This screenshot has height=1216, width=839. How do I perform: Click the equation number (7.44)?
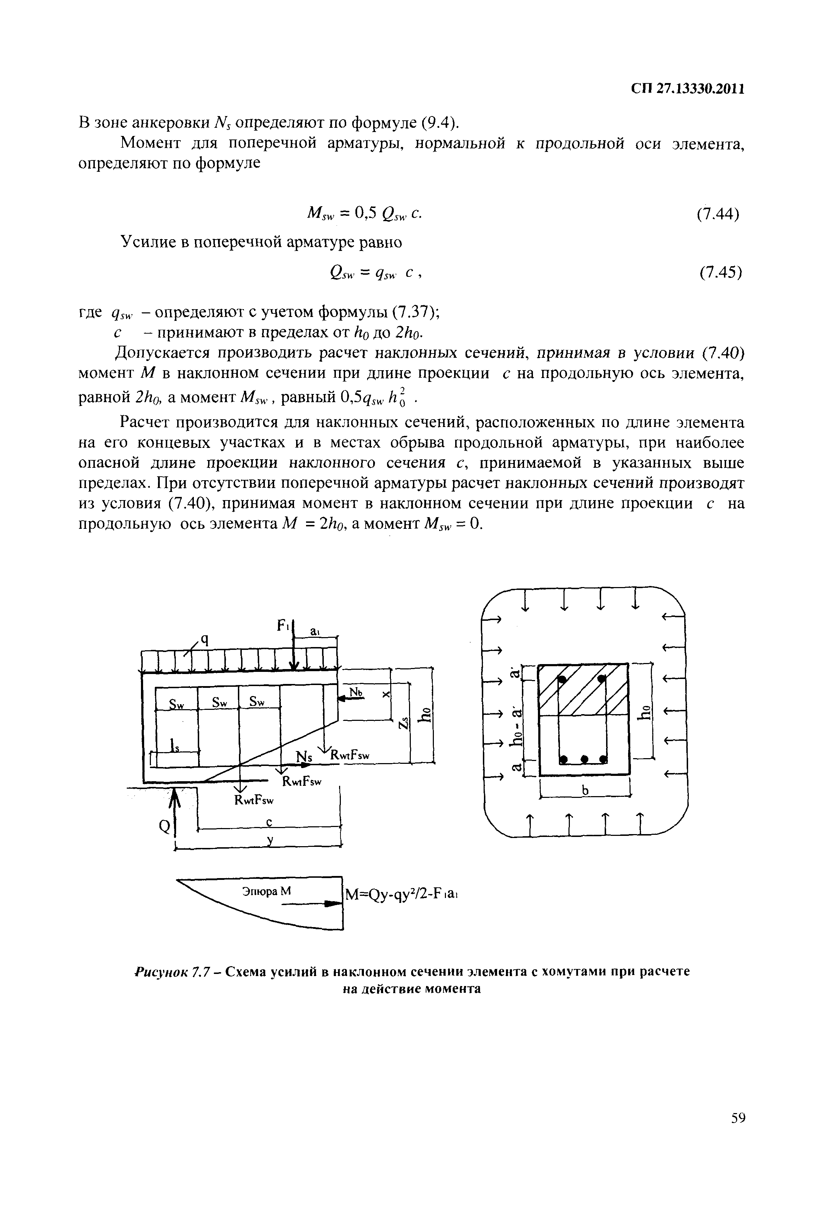[x=718, y=214]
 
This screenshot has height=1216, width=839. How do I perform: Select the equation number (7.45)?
[x=720, y=272]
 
